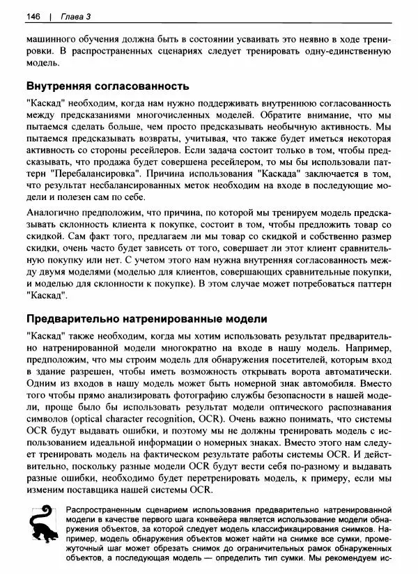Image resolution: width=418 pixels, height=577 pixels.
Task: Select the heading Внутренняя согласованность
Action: point(107,86)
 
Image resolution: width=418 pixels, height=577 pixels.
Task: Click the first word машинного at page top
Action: point(54,39)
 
